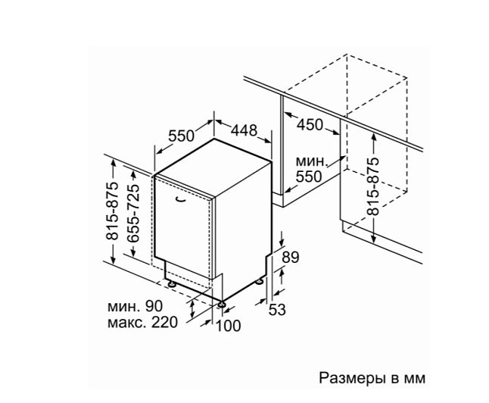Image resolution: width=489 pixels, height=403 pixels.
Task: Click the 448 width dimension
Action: pos(244,130)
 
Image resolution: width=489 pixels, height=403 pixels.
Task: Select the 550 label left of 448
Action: pos(181,136)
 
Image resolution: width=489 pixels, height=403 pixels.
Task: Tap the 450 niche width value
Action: pos(310,125)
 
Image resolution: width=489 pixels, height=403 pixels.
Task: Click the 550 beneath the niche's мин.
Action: pos(308,177)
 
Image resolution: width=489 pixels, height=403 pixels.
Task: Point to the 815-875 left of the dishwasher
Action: pos(113,211)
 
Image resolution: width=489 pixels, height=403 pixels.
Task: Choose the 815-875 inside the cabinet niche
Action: pos(373,186)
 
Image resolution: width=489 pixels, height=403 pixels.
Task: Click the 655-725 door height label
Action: pos(133,213)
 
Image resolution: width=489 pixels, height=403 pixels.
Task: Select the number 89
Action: pos(291,258)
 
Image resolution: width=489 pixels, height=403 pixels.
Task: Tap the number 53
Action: pos(277,310)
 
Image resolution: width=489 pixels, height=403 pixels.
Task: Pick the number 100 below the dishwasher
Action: pos(229,326)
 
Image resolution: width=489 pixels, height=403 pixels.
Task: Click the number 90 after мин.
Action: pos(154,306)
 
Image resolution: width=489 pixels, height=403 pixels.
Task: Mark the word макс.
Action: pos(126,323)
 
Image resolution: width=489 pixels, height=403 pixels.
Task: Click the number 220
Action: pos(164,322)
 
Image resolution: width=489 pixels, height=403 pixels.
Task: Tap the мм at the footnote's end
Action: pos(415,380)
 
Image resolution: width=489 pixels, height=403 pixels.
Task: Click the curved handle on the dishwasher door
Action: pos(179,201)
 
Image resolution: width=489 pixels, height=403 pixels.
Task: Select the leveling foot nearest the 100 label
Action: pos(222,304)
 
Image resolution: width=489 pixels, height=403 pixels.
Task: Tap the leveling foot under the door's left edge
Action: pos(172,284)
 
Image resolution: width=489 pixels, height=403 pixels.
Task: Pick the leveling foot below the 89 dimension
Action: pos(260,281)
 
